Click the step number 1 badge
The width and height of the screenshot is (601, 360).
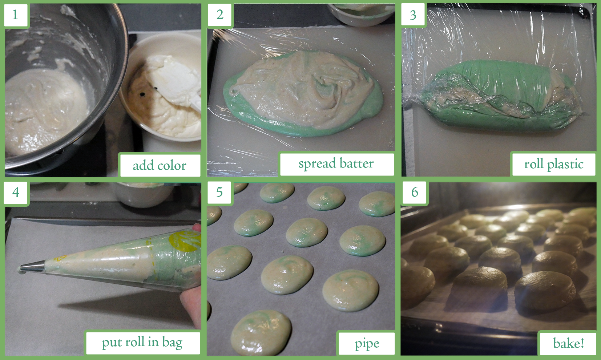click(15, 15)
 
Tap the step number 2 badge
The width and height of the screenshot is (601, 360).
click(220, 15)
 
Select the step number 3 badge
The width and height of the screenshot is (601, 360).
click(413, 15)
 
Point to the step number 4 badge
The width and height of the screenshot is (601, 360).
click(16, 192)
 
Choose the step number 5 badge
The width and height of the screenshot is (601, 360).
click(219, 192)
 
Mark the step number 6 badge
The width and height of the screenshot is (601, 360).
click(415, 192)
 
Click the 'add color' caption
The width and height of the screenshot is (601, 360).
click(160, 165)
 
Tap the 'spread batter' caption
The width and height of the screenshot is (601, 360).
click(336, 163)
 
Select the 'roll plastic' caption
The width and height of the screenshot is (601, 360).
click(554, 164)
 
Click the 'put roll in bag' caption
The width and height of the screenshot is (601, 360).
click(142, 343)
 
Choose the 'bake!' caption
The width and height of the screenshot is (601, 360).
click(568, 343)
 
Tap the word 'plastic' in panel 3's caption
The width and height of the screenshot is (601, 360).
click(565, 165)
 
